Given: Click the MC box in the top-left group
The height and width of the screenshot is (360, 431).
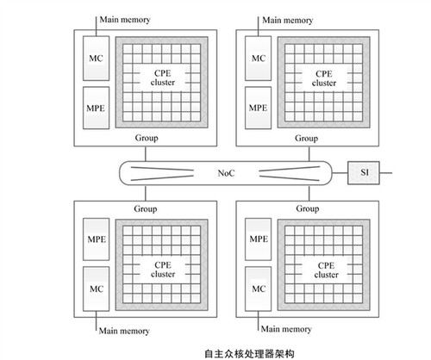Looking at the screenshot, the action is pos(96,59).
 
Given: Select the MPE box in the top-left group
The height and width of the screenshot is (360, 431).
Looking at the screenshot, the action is pos(96,108).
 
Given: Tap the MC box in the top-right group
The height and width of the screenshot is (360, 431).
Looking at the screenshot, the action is pos(258,59).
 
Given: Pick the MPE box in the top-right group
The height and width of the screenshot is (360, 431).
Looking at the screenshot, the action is pos(258,108).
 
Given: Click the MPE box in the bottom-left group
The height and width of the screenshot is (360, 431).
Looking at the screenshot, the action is pos(96,239).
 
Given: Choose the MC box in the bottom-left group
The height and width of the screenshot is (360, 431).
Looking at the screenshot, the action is pos(96,289).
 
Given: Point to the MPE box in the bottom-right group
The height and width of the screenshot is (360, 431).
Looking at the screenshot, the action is pos(258,239).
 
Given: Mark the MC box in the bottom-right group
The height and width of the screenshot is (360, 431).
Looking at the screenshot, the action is pos(258,289).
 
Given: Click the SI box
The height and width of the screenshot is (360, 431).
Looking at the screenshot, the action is pos(364,173).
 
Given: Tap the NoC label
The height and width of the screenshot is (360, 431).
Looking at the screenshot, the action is pos(226,173).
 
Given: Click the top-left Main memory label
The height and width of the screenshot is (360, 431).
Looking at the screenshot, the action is pos(125,20).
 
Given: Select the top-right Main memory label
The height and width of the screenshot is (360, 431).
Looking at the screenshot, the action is pos(288,20).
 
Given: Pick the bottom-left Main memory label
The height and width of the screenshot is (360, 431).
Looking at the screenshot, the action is pos(124,331).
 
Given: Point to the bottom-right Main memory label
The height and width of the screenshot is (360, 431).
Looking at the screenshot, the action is pos(286,329).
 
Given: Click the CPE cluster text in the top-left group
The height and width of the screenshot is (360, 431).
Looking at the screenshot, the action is pos(163,78).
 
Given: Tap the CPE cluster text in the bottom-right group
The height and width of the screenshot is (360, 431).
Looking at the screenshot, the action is pos(326,270).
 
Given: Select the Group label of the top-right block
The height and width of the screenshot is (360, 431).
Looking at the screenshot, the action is pos(306,139).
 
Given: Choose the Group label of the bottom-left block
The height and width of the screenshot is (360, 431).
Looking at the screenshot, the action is pos(146,208).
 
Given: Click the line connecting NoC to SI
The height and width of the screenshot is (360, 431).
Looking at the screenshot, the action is pos(340,173).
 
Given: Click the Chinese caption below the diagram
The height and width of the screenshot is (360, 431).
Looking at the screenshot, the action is pos(249,353).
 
